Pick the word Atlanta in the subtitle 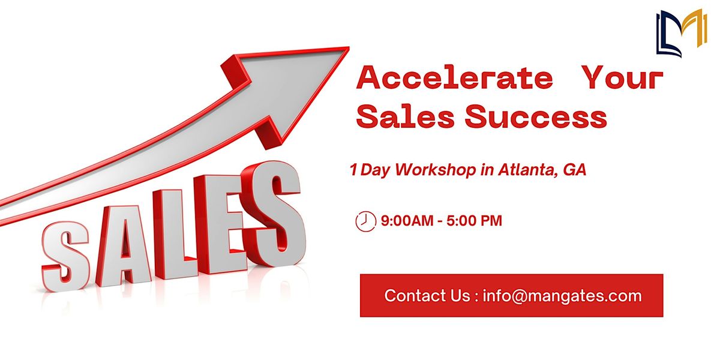527,170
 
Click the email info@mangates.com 562,296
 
